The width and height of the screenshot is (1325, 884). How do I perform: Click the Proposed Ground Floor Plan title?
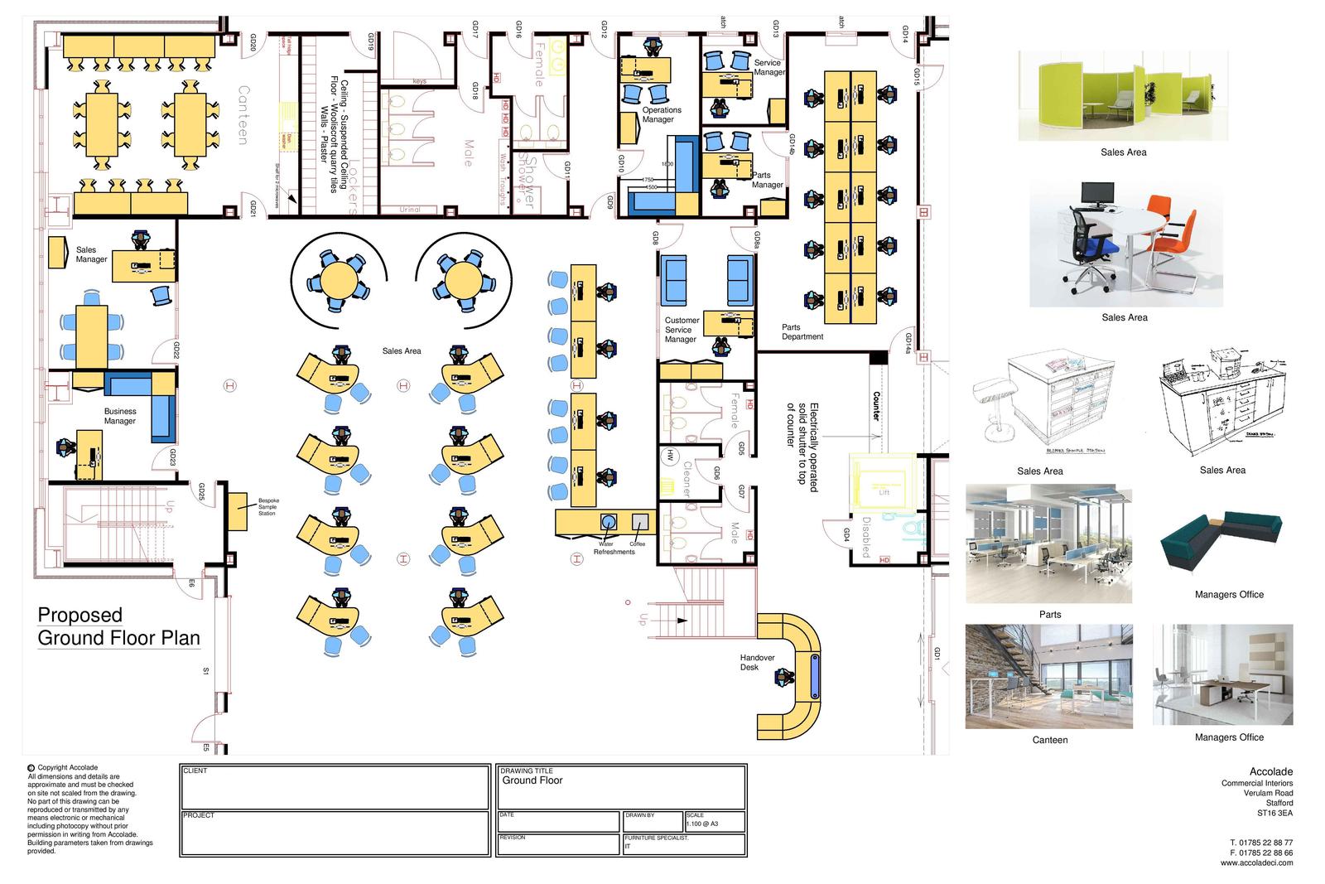coord(118,626)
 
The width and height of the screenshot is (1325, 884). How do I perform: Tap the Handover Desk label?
coord(757,662)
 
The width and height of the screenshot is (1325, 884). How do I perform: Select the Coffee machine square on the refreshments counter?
coord(639,521)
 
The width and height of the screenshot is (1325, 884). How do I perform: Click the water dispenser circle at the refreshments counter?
coord(609,521)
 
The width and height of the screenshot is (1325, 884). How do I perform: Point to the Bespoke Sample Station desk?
coord(238,510)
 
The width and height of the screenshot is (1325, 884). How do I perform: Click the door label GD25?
coord(201,492)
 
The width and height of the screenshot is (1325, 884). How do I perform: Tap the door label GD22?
coord(176,350)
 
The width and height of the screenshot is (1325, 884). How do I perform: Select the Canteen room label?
coord(243,114)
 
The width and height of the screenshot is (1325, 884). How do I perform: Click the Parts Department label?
coord(802,331)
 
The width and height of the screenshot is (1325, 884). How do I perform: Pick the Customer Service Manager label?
coord(682,330)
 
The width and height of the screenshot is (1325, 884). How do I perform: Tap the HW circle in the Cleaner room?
coord(668,455)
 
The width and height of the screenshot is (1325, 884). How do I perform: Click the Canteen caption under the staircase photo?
coord(1049,740)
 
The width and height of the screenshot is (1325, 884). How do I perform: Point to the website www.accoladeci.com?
coord(1255,862)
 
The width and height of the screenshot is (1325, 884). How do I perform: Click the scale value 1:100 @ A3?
coord(703,824)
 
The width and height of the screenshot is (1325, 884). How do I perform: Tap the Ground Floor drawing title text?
coord(532,780)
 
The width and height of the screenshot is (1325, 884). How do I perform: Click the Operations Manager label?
coord(662,114)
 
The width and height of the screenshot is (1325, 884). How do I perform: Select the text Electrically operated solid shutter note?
coord(802,447)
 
